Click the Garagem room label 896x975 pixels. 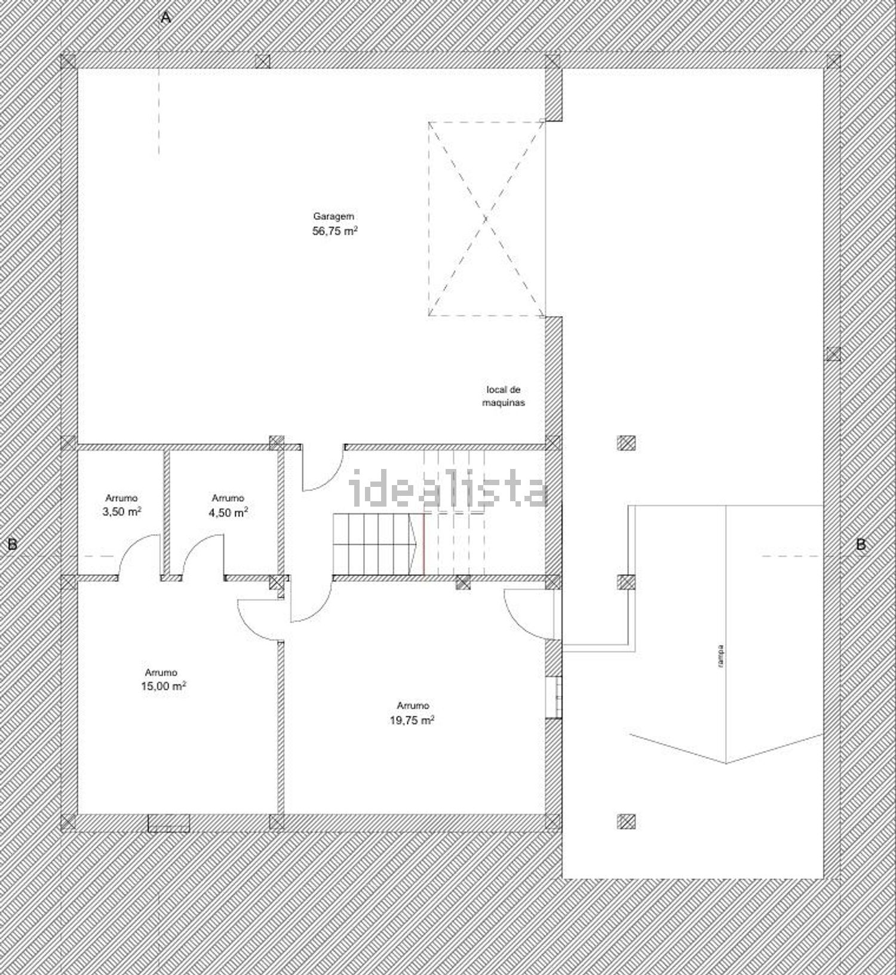pyautogui.click(x=334, y=217)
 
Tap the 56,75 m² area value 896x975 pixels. pyautogui.click(x=335, y=231)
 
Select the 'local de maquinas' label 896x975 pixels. pyautogui.click(x=504, y=396)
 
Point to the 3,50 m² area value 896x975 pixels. pyautogui.click(x=122, y=511)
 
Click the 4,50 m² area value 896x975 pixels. pyautogui.click(x=228, y=512)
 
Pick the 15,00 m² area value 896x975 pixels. pyautogui.click(x=163, y=686)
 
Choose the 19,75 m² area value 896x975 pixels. pyautogui.click(x=412, y=720)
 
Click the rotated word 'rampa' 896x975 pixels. pyautogui.click(x=722, y=655)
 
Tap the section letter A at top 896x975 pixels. pyautogui.click(x=166, y=18)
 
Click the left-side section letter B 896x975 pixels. pyautogui.click(x=12, y=544)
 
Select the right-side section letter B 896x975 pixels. pyautogui.click(x=861, y=544)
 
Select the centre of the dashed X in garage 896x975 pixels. pyautogui.click(x=486, y=219)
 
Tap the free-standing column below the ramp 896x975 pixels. pyautogui.click(x=626, y=822)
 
